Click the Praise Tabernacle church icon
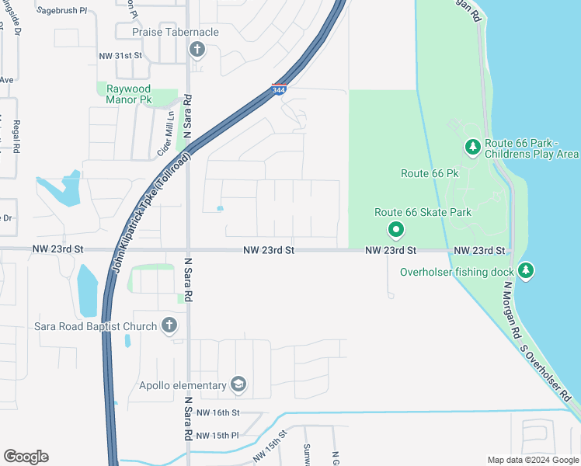[x=197, y=50]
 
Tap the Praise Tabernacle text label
[x=175, y=32]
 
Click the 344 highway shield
[x=279, y=90]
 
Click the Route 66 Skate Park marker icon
[x=395, y=228]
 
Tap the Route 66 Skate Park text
[x=423, y=212]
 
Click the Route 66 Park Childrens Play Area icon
[x=472, y=146]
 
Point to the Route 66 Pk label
[x=430, y=173]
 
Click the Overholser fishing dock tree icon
[x=527, y=270]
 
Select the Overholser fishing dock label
[x=456, y=272]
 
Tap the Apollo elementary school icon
[x=238, y=384]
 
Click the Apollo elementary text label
[x=182, y=385]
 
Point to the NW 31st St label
[x=121, y=56]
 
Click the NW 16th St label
[x=218, y=412]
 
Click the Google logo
[x=26, y=457]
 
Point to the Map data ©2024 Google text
[x=532, y=460]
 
